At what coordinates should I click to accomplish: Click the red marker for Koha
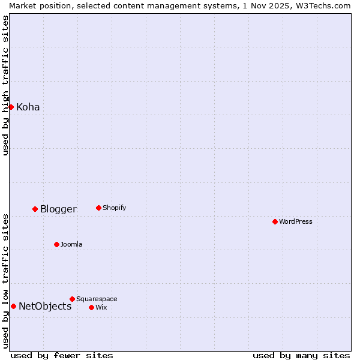pyautogui.click(x=11, y=107)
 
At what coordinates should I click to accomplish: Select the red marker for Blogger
pyautogui.click(x=35, y=209)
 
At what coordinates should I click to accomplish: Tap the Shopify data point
pyautogui.click(x=98, y=208)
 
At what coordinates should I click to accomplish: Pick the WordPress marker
pyautogui.click(x=275, y=221)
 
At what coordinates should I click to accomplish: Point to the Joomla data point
pyautogui.click(x=56, y=244)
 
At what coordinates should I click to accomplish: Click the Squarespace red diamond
pyautogui.click(x=72, y=299)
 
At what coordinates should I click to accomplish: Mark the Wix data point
pyautogui.click(x=91, y=307)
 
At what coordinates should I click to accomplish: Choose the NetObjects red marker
pyautogui.click(x=13, y=306)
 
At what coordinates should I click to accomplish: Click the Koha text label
pyautogui.click(x=28, y=107)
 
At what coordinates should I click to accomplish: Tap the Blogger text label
pyautogui.click(x=58, y=209)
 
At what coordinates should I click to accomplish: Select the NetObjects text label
pyautogui.click(x=45, y=307)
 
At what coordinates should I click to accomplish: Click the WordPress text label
pyautogui.click(x=296, y=221)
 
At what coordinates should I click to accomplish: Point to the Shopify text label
pyautogui.click(x=114, y=208)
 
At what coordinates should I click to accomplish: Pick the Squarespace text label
pyautogui.click(x=97, y=299)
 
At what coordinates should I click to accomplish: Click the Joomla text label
pyautogui.click(x=71, y=244)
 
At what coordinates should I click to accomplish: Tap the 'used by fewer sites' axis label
pyautogui.click(x=62, y=355)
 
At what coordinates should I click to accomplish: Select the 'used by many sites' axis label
pyautogui.click(x=301, y=355)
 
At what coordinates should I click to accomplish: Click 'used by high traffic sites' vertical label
pyautogui.click(x=5, y=85)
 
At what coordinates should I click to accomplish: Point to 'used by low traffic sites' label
pyautogui.click(x=5, y=281)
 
